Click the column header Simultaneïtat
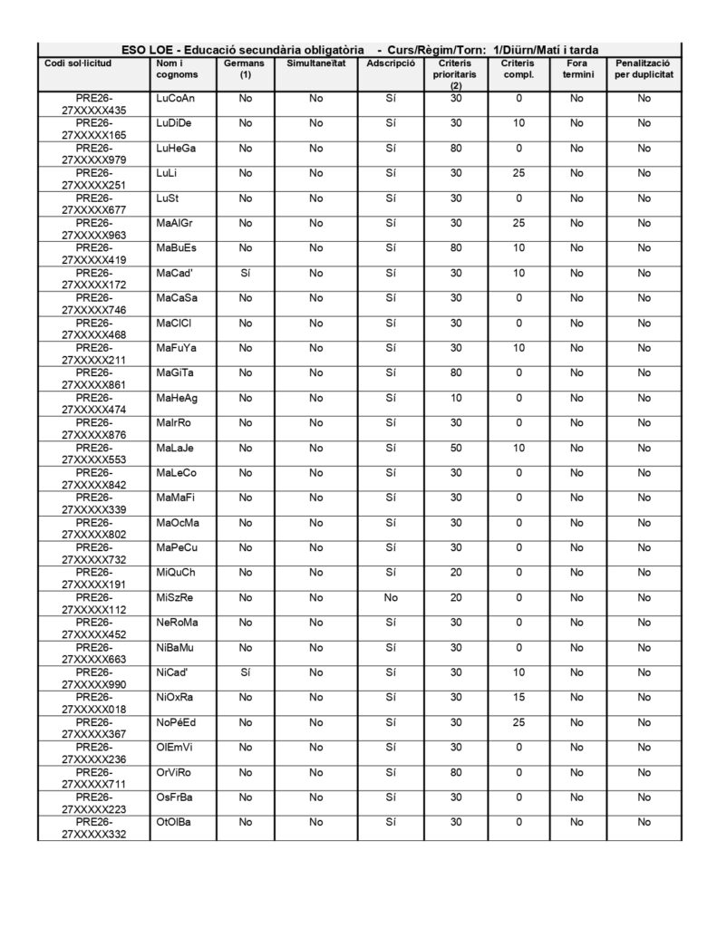click(x=315, y=64)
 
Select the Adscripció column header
click(x=391, y=64)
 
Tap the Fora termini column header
click(x=577, y=70)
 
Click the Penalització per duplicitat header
click(x=644, y=70)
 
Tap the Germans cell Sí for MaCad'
click(x=244, y=273)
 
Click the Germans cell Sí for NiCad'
click(x=244, y=672)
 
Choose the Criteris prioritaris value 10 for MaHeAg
click(x=456, y=398)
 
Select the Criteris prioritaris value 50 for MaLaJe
click(x=456, y=448)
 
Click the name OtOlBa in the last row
click(x=174, y=822)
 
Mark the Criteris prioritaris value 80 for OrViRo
click(x=456, y=772)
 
